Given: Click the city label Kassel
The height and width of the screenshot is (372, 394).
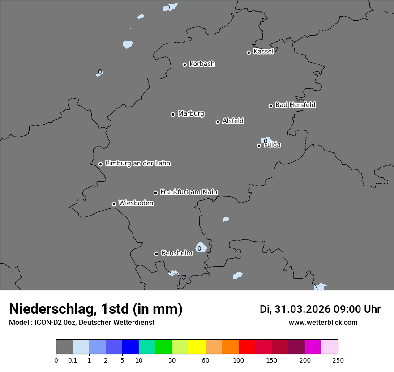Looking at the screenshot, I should pos(263,52).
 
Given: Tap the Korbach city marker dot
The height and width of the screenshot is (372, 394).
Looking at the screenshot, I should pos(184,65).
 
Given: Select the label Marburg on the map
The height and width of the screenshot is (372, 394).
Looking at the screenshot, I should pos(191,114).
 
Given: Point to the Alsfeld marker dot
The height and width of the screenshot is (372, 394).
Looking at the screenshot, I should pos(218,122).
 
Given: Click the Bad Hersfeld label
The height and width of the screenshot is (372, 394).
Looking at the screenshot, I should pos(295,105).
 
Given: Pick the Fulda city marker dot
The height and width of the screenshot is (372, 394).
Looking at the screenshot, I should pos(259,146).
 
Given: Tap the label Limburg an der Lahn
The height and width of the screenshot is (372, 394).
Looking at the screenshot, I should pos(137,164).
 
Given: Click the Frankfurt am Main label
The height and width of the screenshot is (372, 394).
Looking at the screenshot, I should pos(188,192).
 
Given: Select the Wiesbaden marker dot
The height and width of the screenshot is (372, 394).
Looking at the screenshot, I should pos(114,204).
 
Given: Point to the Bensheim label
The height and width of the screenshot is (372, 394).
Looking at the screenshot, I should pos(176,253).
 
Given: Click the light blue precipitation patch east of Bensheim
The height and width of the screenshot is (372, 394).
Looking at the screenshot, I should pos(201,247).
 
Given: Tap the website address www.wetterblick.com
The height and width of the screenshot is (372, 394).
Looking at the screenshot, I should pos(323,323).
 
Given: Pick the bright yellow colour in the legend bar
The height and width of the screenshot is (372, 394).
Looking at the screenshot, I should pos(197,347).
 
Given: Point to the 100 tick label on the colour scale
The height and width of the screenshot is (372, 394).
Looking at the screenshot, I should pos(239,360).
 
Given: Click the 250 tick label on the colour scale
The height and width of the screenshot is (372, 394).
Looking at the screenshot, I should pos(338,360).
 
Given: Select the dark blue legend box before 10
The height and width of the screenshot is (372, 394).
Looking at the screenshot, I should pos(130,347).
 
